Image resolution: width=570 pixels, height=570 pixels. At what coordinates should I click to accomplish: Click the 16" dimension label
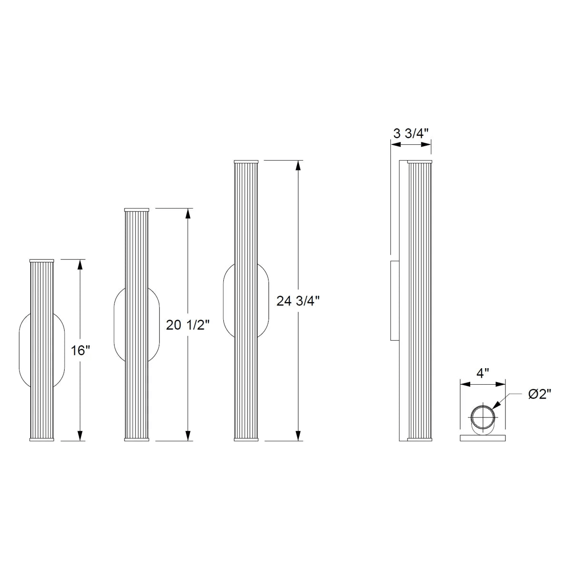pyautogui.click(x=81, y=351)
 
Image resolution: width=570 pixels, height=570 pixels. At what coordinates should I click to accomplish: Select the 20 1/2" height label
pyautogui.click(x=188, y=325)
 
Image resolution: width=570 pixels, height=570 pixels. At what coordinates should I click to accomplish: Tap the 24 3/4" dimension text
pyautogui.click(x=298, y=301)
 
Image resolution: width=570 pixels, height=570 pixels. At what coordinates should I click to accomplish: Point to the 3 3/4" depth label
pyautogui.click(x=411, y=133)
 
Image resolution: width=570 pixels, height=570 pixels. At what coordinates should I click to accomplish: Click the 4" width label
pyautogui.click(x=483, y=373)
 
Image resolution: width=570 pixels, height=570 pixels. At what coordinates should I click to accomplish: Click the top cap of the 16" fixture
pyautogui.click(x=42, y=261)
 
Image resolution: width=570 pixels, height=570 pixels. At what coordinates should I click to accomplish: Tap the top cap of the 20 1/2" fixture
pyautogui.click(x=137, y=209)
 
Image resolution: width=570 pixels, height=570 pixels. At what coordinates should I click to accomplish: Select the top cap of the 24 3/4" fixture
pyautogui.click(x=246, y=161)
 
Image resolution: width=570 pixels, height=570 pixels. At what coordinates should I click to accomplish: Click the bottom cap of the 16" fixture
pyautogui.click(x=42, y=439)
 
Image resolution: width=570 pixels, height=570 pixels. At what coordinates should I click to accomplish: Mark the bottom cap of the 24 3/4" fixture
pyautogui.click(x=246, y=439)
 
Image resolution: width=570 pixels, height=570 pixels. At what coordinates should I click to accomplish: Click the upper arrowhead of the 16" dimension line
pyautogui.click(x=80, y=264)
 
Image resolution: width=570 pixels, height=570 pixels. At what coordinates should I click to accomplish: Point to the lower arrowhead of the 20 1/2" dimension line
pyautogui.click(x=188, y=436)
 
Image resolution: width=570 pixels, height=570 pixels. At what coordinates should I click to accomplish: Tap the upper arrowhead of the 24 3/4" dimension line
pyautogui.click(x=298, y=165)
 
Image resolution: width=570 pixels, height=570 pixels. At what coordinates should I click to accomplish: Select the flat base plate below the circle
pyautogui.click(x=483, y=437)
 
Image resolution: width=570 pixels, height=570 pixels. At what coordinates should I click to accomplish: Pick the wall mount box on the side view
pyautogui.click(x=394, y=300)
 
